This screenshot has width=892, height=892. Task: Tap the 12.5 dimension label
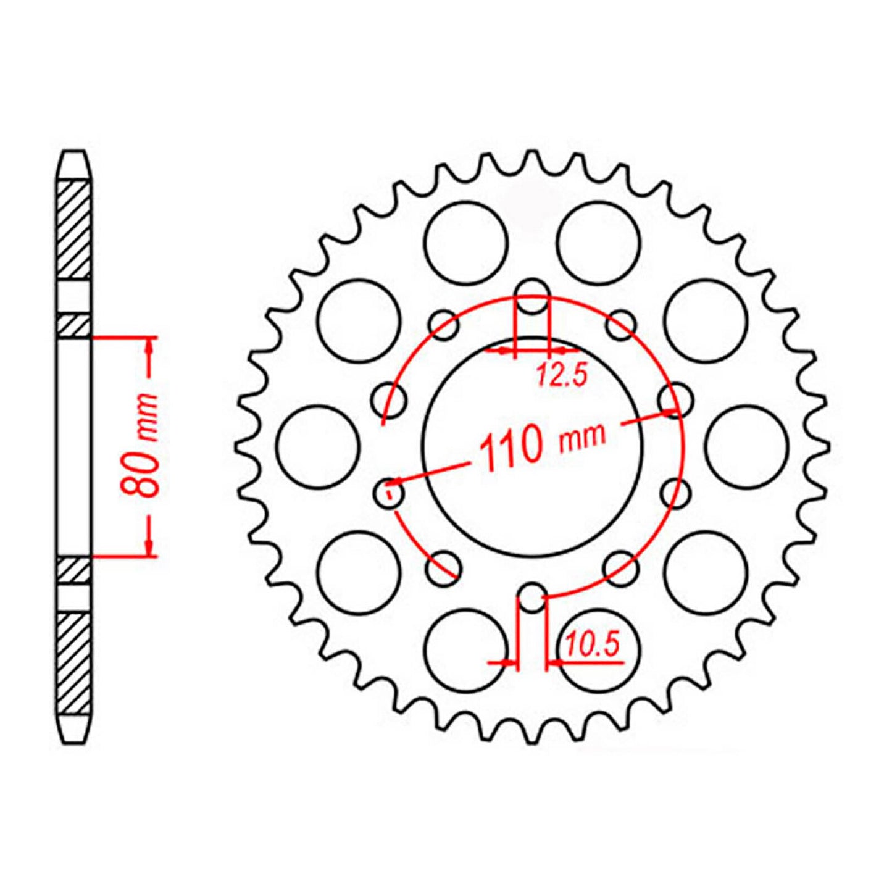(x=561, y=375)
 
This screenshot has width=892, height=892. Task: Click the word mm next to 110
(x=582, y=436)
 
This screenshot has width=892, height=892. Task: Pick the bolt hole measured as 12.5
(x=531, y=296)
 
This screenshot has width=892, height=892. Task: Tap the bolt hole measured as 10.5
(x=531, y=597)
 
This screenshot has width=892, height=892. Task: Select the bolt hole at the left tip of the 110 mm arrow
(x=390, y=493)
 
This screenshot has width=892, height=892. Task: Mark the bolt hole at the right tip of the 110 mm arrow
(x=675, y=399)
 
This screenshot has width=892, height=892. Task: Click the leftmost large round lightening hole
(x=318, y=446)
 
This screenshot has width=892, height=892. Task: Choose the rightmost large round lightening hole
(x=746, y=446)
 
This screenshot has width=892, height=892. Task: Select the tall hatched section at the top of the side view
(x=73, y=230)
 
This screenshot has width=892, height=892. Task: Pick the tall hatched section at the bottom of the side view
(x=73, y=664)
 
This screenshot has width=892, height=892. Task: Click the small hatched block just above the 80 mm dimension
(x=73, y=326)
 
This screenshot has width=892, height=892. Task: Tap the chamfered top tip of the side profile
(x=73, y=162)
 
